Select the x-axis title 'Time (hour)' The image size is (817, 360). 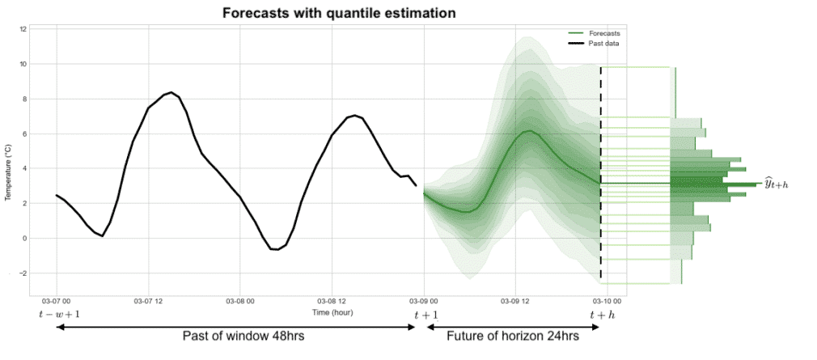[x=332, y=312]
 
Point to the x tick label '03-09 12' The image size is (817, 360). [x=515, y=302]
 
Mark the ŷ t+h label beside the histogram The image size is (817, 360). [x=776, y=184]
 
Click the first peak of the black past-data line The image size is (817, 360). [x=171, y=93]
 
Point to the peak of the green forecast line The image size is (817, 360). [x=528, y=130]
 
